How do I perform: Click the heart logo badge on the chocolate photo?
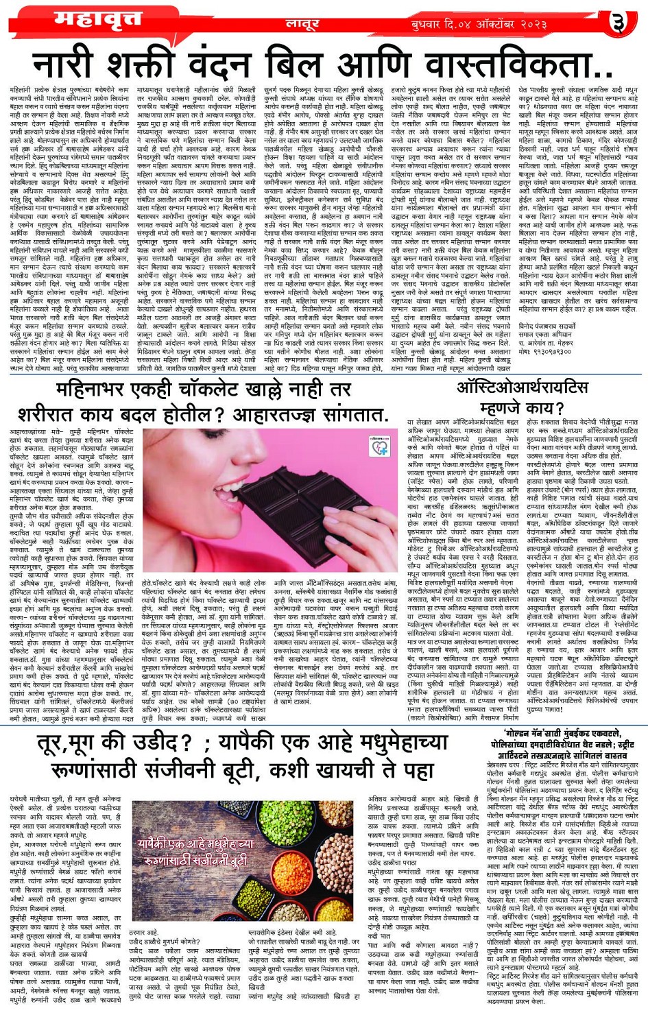(378, 447)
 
